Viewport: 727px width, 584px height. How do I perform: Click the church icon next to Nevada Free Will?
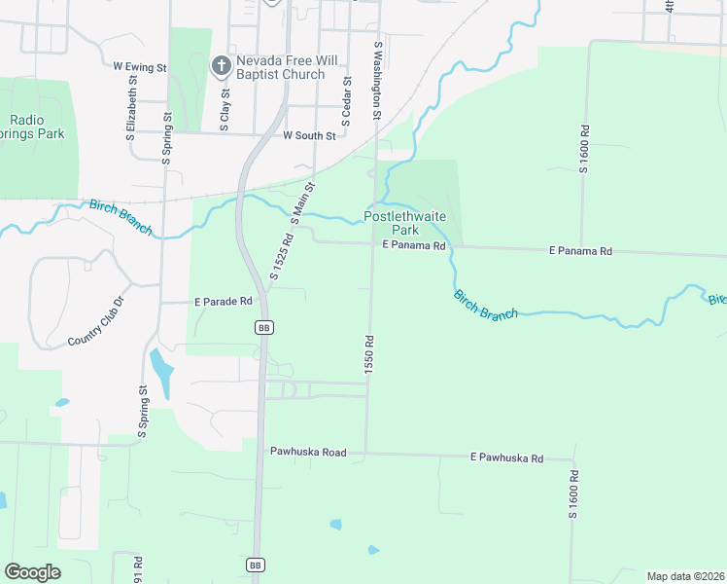click(221, 66)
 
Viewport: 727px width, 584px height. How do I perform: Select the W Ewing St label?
click(140, 67)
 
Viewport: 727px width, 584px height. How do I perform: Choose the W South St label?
click(308, 136)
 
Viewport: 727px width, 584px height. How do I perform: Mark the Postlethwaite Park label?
click(404, 223)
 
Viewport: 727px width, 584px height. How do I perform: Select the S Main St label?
click(304, 201)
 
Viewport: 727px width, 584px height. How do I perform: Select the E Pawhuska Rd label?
click(506, 456)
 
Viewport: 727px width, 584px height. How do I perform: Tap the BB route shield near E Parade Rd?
click(263, 328)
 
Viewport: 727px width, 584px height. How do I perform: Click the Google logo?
click(32, 571)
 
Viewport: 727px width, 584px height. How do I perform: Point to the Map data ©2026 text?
click(684, 576)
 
